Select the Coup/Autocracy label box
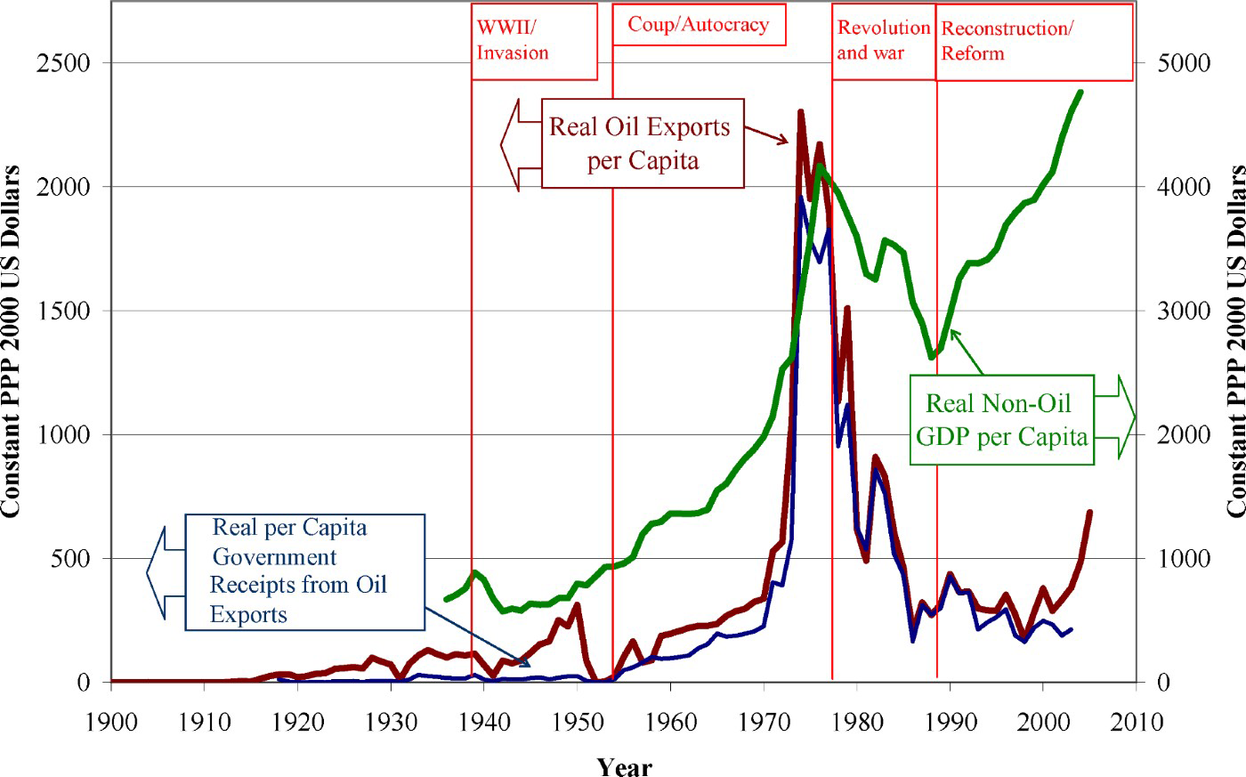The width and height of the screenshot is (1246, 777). coord(699,25)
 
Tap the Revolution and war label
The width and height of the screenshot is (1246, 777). coord(883,41)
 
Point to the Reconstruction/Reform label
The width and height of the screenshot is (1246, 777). coord(1034,41)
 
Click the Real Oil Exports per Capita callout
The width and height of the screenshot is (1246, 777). coord(642,142)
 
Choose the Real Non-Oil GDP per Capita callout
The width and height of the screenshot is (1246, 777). coord(1000,419)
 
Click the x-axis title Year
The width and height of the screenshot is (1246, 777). coord(624,766)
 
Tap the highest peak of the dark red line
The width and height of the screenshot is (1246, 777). coord(801,112)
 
